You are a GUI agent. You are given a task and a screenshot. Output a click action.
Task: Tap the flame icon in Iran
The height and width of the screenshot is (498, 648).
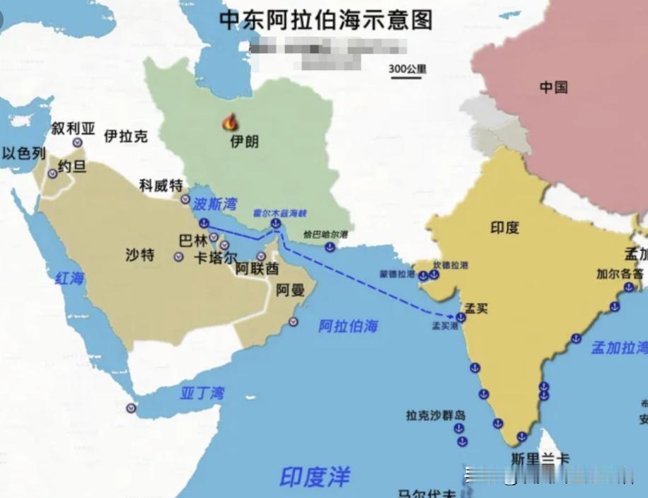point(230,122)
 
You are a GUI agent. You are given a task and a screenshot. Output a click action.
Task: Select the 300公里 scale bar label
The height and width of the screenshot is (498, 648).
point(407,69)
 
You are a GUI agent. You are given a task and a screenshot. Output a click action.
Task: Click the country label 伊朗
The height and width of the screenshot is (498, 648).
point(245,141)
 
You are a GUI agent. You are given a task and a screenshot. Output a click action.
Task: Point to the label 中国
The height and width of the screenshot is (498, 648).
point(553,87)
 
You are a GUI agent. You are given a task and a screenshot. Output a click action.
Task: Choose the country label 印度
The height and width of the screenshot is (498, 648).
point(504,227)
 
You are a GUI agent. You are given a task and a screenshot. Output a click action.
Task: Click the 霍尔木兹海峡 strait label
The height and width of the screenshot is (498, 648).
point(280,212)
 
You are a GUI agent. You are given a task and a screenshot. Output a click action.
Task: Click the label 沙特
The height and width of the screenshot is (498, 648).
point(140,255)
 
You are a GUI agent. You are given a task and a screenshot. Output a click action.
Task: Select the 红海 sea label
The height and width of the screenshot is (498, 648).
point(69,278)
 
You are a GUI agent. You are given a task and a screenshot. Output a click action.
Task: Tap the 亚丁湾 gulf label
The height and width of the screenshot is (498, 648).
point(202,393)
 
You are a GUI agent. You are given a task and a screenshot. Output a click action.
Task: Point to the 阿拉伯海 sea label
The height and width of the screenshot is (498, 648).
point(347,326)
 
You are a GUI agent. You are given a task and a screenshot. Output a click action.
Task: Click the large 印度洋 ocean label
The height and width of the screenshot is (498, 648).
point(314,476)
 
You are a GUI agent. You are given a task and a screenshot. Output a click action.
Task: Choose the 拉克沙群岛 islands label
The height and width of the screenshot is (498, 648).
point(436,415)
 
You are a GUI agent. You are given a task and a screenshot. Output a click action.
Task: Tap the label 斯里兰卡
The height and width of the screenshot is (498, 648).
point(540,458)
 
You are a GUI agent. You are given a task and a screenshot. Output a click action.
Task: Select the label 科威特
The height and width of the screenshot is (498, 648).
point(161,185)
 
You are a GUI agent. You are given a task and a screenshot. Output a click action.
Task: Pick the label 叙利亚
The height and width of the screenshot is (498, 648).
point(73,128)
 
